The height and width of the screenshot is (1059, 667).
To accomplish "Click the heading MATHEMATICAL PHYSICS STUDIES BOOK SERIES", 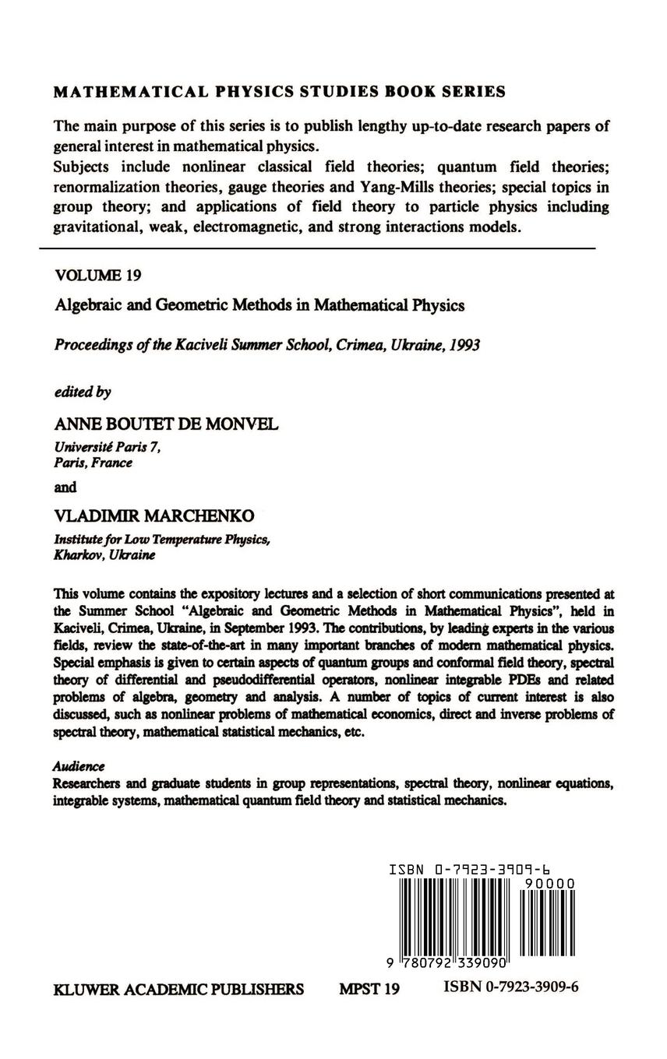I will (279, 92).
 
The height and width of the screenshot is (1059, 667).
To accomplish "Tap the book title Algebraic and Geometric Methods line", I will (259, 305).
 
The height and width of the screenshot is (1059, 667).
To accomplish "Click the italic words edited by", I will (83, 392).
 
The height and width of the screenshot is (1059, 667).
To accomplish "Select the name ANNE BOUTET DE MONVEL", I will (166, 424).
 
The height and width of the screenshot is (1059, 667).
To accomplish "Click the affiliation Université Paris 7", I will (107, 447).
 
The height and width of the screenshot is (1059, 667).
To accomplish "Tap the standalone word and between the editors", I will (65, 487).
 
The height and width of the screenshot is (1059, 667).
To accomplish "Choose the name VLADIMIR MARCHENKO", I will (154, 516).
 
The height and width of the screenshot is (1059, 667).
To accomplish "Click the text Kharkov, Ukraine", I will (104, 555).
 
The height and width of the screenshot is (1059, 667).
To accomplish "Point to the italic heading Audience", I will (79, 766).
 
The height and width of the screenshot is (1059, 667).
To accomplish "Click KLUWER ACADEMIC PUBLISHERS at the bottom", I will (178, 990).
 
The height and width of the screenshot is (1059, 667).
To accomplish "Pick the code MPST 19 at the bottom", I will (369, 990).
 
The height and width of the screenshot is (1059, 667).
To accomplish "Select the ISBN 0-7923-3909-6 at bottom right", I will (511, 987).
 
